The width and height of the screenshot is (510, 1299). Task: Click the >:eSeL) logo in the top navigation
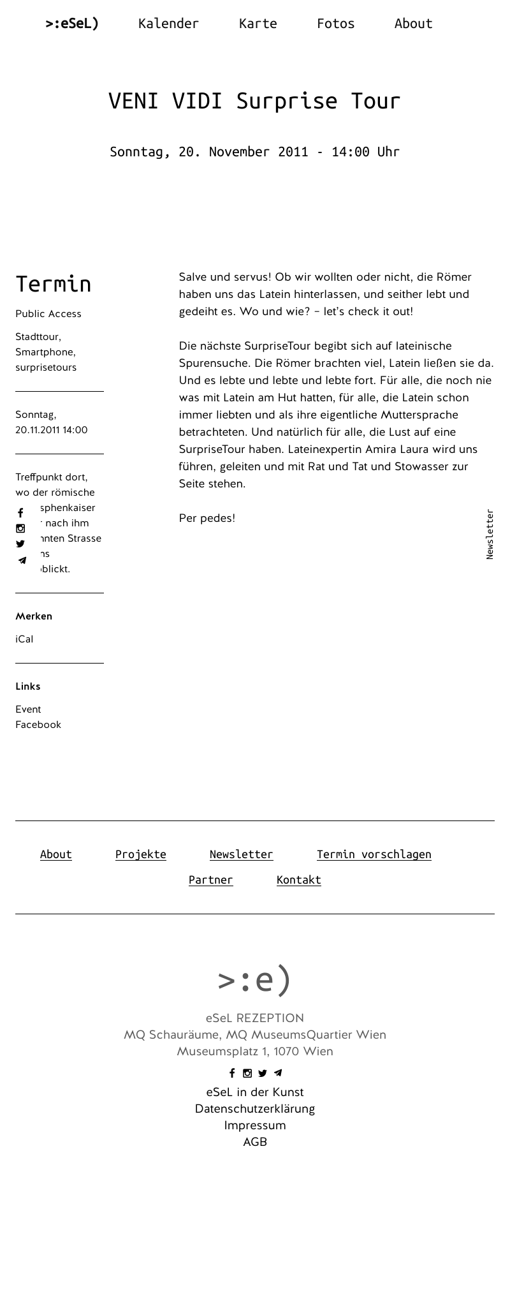pos(72,24)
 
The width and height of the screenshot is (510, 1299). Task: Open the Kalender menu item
pos(168,24)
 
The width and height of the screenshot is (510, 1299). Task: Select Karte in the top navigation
pos(258,24)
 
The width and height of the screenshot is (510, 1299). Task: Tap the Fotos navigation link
pos(335,24)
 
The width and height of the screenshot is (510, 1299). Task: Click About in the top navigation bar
pos(413,24)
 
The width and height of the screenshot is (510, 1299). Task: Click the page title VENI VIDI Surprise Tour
pos(254,101)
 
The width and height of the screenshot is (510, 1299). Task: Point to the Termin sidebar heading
pos(54,284)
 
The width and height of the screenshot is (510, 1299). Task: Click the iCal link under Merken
pos(24,639)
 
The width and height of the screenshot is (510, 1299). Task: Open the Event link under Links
pos(28,709)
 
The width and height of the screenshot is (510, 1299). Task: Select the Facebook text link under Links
pos(38,725)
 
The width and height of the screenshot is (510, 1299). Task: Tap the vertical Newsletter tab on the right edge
pos(490,534)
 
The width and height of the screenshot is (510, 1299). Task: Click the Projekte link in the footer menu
pos(141,854)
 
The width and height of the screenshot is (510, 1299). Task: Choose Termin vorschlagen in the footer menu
pos(374,854)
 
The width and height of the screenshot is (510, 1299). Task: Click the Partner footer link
pos(210,880)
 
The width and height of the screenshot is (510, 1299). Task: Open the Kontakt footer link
pos(298,880)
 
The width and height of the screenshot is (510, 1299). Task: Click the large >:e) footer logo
pos(254,980)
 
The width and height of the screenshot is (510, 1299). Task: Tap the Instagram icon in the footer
pos(247,1073)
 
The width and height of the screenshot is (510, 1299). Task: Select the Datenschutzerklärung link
pos(255,1109)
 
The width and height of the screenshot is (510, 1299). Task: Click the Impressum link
pos(255,1125)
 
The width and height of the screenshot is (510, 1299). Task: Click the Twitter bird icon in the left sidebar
pos(20,544)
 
